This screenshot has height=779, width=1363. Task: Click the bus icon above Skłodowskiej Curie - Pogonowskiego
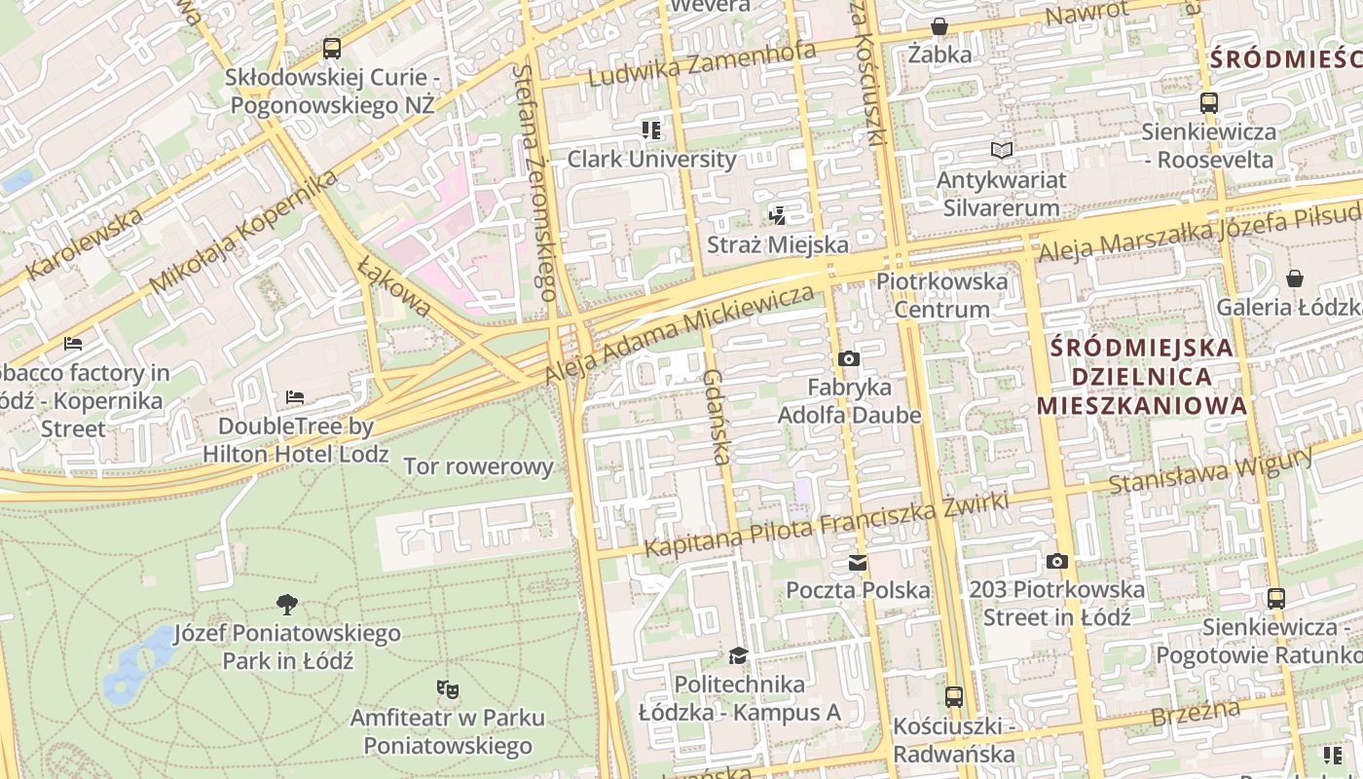click(x=331, y=48)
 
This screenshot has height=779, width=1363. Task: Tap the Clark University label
click(x=651, y=159)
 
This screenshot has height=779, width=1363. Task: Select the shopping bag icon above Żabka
click(x=939, y=26)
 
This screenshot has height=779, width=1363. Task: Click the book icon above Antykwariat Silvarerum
click(x=1001, y=150)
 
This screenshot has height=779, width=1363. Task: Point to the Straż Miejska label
click(x=777, y=244)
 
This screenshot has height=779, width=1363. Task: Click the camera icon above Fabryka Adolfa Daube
click(x=848, y=358)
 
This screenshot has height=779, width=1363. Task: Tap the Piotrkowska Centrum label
click(x=941, y=295)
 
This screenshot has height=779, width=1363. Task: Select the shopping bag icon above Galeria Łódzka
click(x=1294, y=278)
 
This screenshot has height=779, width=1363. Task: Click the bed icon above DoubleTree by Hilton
click(x=295, y=397)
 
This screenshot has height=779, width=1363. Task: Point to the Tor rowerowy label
click(x=478, y=466)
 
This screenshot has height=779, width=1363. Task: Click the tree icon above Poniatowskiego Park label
click(x=286, y=605)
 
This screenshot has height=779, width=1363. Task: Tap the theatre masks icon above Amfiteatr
click(x=447, y=689)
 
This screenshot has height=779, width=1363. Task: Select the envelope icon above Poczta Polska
click(x=858, y=562)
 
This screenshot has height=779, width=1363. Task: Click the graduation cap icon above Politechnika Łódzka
click(x=739, y=655)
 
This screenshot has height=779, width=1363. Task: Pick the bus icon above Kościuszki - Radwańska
click(x=953, y=697)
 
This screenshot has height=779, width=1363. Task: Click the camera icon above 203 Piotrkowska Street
click(x=1056, y=561)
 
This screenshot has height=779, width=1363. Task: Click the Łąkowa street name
click(x=394, y=287)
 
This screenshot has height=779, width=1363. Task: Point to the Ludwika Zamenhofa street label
click(x=702, y=64)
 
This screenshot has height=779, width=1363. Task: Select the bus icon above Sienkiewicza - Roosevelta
click(x=1208, y=102)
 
